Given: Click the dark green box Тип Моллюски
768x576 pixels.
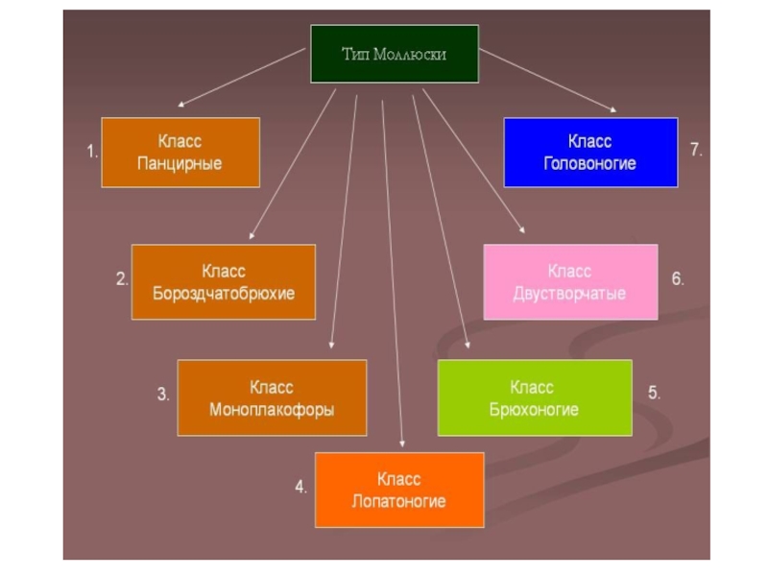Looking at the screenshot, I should (394, 54).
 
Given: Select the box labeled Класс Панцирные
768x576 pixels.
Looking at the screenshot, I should (180, 153).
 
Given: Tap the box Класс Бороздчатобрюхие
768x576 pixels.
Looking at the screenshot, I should (224, 282).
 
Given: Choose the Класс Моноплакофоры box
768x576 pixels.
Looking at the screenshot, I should (272, 397).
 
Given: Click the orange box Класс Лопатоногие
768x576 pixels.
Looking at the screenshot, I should (398, 490).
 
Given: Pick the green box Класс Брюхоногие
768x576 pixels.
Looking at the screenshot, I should (535, 398).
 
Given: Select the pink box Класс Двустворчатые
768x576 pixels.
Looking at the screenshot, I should (570, 282).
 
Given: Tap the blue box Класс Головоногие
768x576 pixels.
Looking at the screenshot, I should (590, 153).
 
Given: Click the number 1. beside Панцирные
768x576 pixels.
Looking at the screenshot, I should (92, 152).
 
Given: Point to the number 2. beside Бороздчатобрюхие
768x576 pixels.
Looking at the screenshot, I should (122, 280).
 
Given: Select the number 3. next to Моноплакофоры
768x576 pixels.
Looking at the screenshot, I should (163, 394).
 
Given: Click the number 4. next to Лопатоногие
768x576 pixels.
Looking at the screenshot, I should (300, 487).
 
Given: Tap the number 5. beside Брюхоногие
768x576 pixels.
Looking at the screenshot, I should (654, 393).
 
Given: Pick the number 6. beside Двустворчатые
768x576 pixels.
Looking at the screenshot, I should (678, 279).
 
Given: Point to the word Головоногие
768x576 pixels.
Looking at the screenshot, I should (590, 163).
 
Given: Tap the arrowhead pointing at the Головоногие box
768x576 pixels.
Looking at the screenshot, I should (611, 108).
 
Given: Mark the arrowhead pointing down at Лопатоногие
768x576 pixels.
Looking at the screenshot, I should (403, 443).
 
